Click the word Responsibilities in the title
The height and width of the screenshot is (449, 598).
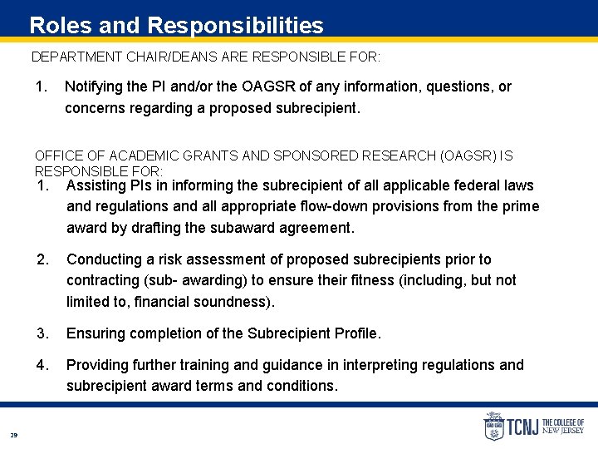233,26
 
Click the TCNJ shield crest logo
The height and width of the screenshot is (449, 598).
493,427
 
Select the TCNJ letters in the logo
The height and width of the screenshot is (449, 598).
523,428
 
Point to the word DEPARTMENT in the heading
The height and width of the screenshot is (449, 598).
76,57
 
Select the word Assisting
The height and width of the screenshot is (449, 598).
96,185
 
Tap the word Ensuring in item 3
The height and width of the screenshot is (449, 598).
94,333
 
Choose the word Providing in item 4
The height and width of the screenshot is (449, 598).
97,364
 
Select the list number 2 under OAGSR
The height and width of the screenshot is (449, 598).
42,259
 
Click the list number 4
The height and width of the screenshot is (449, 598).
42,364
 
